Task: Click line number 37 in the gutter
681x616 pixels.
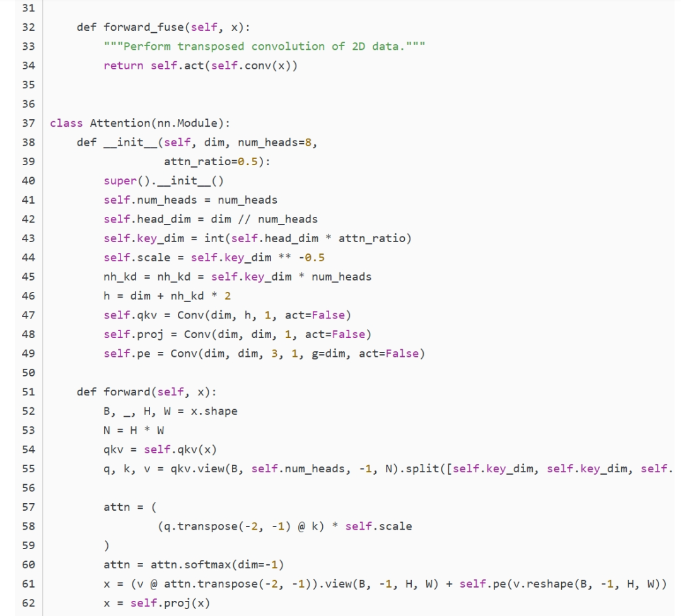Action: [28, 124]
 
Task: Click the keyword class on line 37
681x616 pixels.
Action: [66, 124]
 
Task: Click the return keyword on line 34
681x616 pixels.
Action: [124, 66]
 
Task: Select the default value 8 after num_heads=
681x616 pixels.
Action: [308, 142]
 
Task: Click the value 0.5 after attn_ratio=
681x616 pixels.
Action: [248, 161]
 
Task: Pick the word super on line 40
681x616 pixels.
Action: [120, 181]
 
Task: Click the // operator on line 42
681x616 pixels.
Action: [244, 219]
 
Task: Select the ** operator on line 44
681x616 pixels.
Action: [284, 258]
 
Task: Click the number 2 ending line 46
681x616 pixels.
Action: [228, 296]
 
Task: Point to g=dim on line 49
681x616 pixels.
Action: [329, 354]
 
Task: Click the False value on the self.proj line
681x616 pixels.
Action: [348, 335]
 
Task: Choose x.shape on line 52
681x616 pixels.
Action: [214, 411]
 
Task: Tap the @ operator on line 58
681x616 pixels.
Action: [301, 526]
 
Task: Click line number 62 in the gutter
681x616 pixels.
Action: [28, 603]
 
